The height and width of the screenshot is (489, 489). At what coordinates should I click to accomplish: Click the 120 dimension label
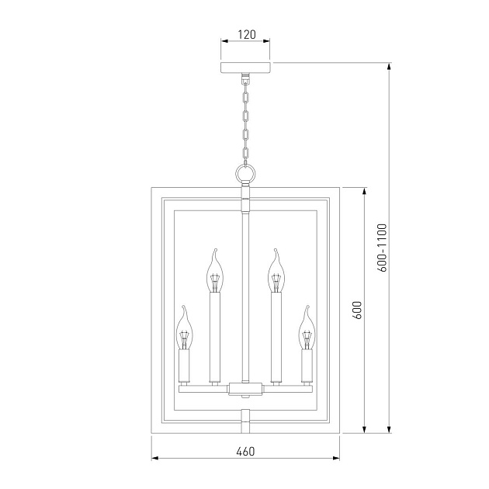click(x=247, y=34)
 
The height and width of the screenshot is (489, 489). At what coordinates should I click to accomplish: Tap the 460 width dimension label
click(x=245, y=451)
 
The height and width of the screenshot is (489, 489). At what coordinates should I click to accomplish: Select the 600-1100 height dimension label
click(x=382, y=248)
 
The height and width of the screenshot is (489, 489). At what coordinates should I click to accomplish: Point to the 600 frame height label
click(x=357, y=310)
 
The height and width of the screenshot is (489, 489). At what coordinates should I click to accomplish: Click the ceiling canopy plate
click(x=245, y=68)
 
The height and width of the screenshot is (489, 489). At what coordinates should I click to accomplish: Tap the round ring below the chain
click(x=245, y=174)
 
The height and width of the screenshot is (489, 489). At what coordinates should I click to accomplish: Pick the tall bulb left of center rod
click(x=215, y=271)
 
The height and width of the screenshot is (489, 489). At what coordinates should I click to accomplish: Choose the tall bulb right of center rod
click(x=276, y=271)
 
